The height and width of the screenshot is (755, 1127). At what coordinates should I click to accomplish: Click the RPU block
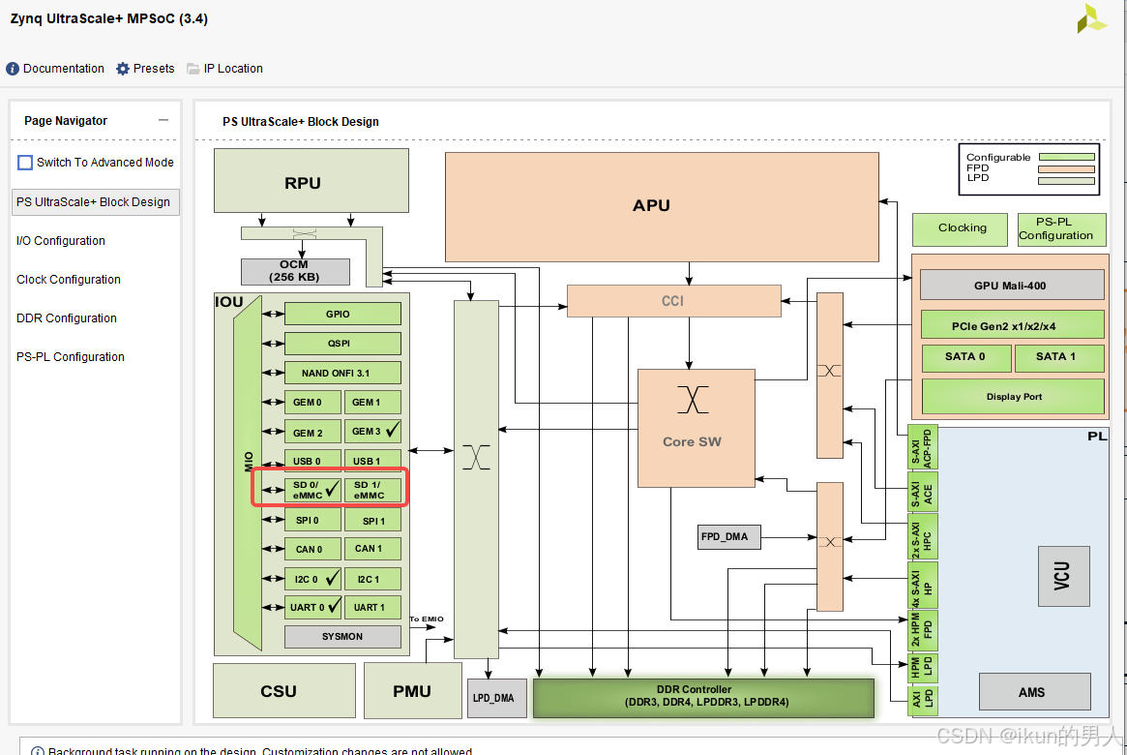[x=303, y=183]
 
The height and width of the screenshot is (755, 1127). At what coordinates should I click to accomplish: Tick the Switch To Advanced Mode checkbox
[x=25, y=163]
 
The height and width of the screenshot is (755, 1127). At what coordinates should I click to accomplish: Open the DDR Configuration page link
[x=67, y=318]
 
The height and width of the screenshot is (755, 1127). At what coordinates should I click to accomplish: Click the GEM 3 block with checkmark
[x=372, y=432]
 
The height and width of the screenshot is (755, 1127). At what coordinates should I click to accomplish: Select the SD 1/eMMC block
[x=372, y=490]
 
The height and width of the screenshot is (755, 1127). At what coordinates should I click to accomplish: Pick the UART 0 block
[x=312, y=607]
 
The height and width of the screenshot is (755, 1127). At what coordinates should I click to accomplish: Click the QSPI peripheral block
[x=342, y=344]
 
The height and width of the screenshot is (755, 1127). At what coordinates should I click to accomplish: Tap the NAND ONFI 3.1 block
[x=342, y=373]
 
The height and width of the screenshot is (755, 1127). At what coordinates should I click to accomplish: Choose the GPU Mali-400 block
[x=1011, y=286]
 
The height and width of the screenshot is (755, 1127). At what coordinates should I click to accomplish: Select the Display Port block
[x=1013, y=396]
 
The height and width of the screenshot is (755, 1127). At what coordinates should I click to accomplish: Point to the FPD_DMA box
[x=724, y=536]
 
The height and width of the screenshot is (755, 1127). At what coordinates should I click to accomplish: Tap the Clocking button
[x=962, y=228]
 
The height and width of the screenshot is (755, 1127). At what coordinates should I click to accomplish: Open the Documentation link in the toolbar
[x=63, y=69]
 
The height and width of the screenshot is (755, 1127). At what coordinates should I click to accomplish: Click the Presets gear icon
[x=123, y=69]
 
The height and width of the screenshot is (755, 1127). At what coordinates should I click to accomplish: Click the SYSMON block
[x=342, y=637]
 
